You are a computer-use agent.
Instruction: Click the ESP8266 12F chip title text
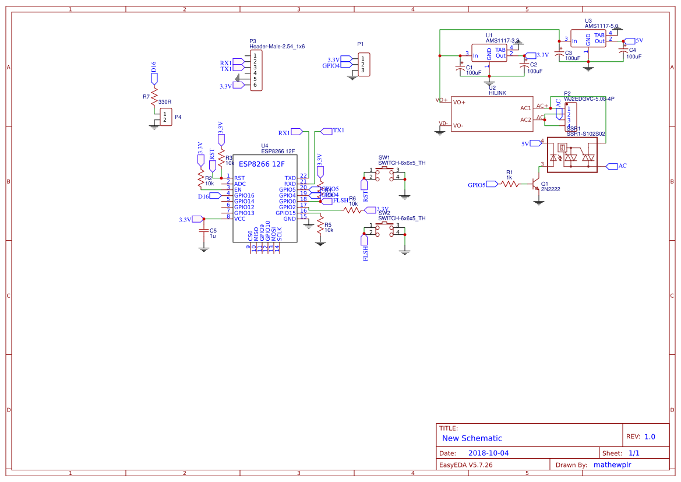pyautogui.click(x=262, y=164)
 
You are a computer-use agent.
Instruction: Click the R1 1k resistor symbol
pyautogui.click(x=510, y=184)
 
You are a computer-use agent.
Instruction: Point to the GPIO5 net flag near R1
pyautogui.click(x=492, y=184)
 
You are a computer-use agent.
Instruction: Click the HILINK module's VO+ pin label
pyautogui.click(x=459, y=103)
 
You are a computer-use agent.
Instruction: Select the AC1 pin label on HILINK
pyautogui.click(x=525, y=108)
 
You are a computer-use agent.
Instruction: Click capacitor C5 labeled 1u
pyautogui.click(x=204, y=231)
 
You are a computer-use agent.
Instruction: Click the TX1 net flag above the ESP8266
pyautogui.click(x=326, y=131)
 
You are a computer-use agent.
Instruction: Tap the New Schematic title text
pyautogui.click(x=472, y=438)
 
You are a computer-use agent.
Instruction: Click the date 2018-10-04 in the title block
pyautogui.click(x=488, y=453)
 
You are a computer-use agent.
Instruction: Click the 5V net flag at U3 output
pyautogui.click(x=629, y=41)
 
